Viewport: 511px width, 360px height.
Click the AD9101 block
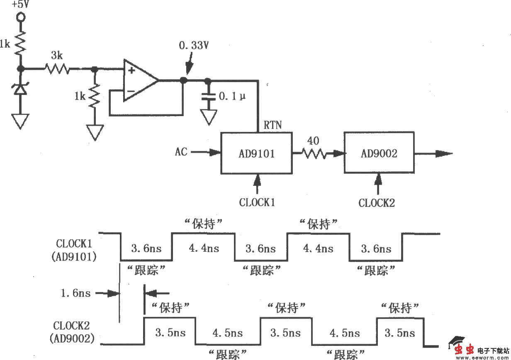[256, 153]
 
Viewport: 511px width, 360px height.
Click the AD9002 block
[378, 153]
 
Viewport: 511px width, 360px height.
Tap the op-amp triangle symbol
[139, 80]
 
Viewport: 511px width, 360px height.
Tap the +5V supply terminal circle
[19, 17]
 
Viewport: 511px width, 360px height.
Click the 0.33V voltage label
[193, 46]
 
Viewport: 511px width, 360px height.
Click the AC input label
[181, 152]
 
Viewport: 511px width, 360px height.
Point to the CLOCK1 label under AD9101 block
[257, 202]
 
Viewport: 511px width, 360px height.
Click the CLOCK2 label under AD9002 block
[377, 203]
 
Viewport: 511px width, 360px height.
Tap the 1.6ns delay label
[75, 293]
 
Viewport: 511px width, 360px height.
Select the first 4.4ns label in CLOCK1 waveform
[204, 248]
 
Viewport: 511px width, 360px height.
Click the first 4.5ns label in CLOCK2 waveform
[228, 333]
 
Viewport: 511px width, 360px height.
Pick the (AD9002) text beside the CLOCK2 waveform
[71, 338]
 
